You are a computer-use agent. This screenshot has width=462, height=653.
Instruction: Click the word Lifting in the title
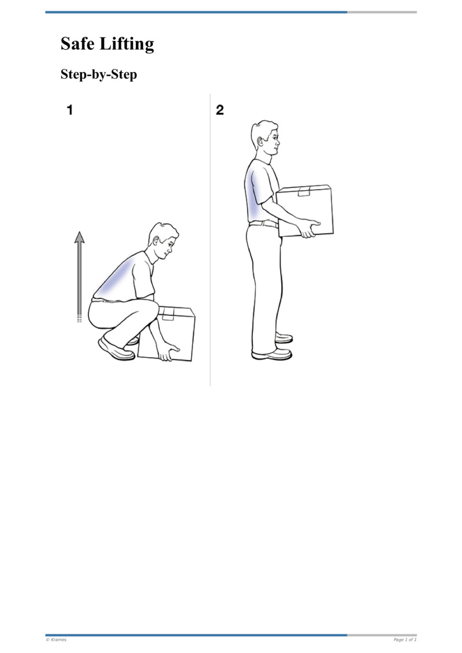pos(128,45)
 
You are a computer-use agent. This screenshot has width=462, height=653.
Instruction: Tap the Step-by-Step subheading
pos(99,75)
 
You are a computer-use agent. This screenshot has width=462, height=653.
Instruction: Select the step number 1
pos(70,110)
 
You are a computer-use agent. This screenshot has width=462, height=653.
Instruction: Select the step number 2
pos(219,110)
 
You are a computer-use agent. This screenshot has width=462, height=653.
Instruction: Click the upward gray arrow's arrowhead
pos(80,236)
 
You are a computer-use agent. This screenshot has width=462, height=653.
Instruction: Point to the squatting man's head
pos(163,240)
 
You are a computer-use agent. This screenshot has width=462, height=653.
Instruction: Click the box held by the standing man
pos(305,211)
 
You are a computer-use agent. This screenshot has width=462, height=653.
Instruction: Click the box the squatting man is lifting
pos(170,332)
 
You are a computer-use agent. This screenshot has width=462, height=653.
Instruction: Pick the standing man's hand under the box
pos(309,228)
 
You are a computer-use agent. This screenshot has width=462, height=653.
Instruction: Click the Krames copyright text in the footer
pos(56,640)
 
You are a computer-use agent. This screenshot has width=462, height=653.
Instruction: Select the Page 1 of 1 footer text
pos(405,640)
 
